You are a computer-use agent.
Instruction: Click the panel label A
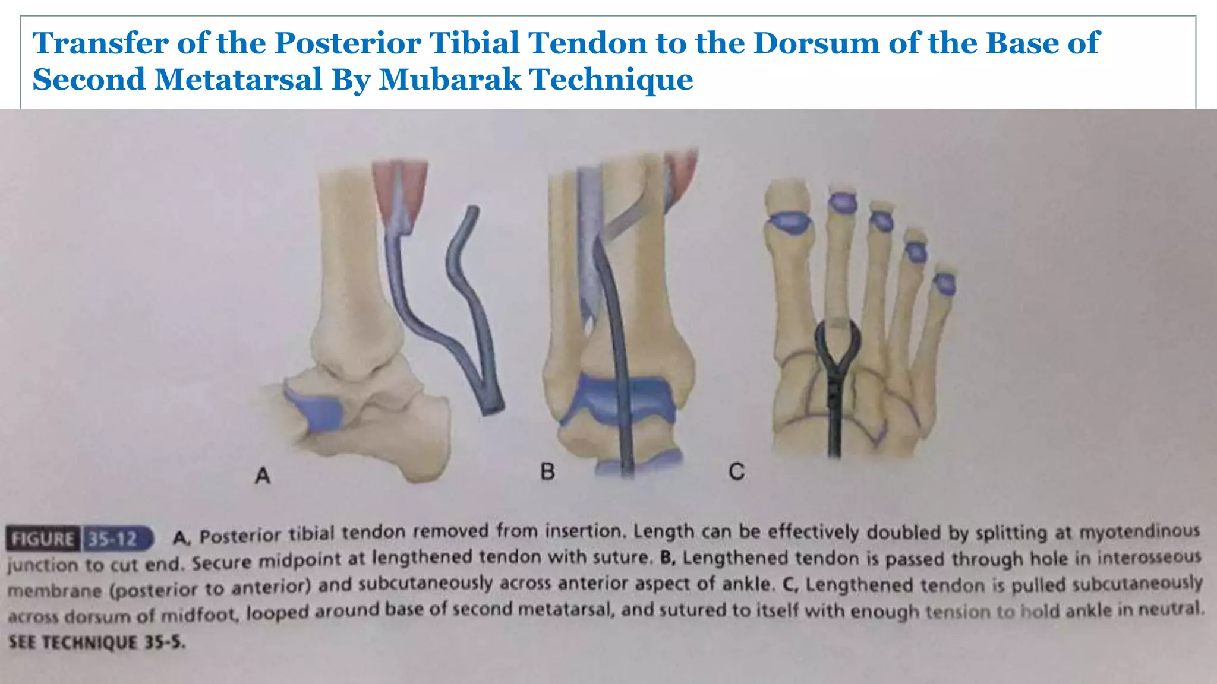point(262,476)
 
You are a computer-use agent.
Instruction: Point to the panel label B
point(547,472)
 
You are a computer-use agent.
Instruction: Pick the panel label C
point(736,472)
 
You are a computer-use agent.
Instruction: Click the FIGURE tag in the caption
point(43,539)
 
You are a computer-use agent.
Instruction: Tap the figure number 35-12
point(113,539)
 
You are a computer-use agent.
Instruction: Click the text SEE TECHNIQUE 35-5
point(96,642)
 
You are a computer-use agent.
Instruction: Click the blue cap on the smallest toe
point(944,284)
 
